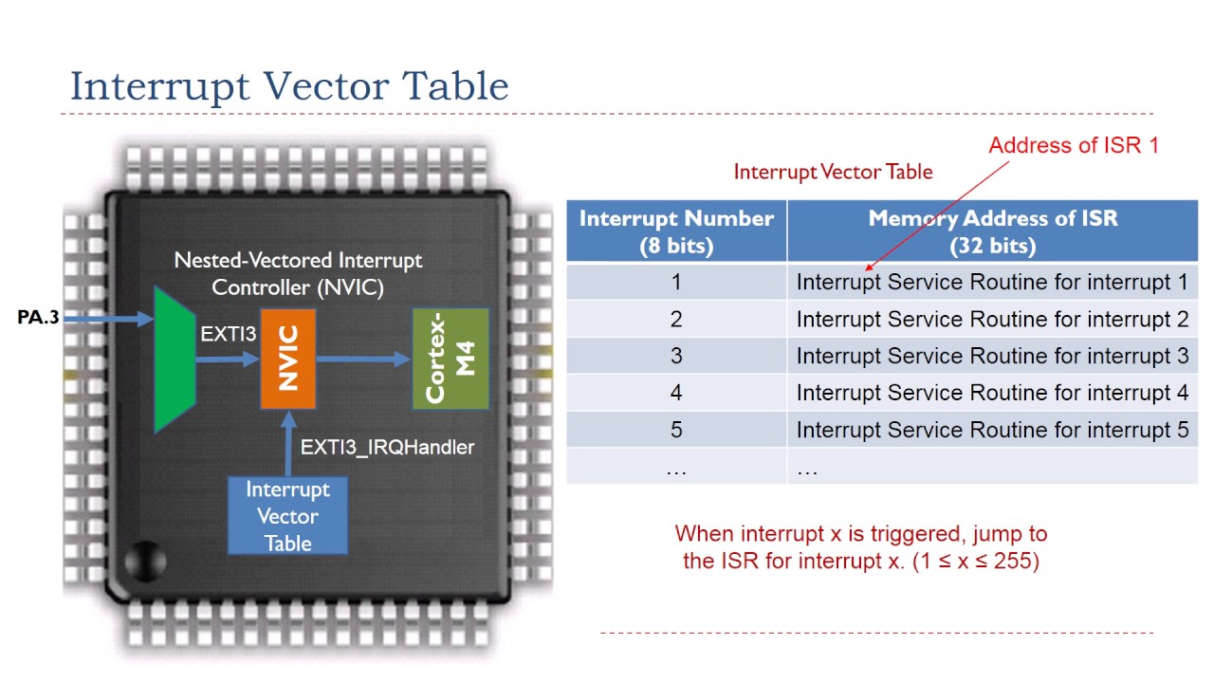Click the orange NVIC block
coord(288,359)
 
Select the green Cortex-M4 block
coord(451,359)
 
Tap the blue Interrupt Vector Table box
coord(287,516)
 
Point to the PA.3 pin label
coord(38,317)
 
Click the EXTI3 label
coord(228,335)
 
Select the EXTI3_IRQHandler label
coord(387,447)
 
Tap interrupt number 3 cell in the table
coord(676,356)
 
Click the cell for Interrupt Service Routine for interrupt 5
coord(992,430)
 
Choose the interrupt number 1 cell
coord(676,282)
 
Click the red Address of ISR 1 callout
coord(1074,145)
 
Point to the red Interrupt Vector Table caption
coord(833,172)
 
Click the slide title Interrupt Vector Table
coord(289,86)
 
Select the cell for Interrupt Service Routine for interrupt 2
coord(992,319)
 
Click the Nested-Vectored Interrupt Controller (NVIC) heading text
coord(298,273)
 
